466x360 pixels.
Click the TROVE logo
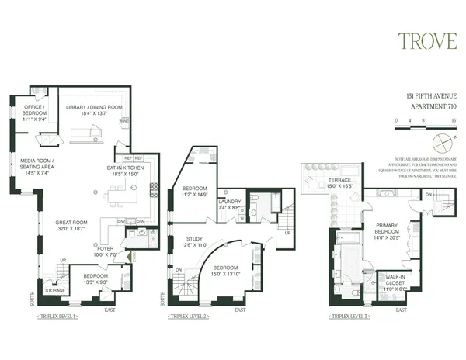pos(426,41)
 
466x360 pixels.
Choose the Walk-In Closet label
pos(391,282)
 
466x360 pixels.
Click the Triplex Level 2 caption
pos(191,317)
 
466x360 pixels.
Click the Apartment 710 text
pos(432,105)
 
